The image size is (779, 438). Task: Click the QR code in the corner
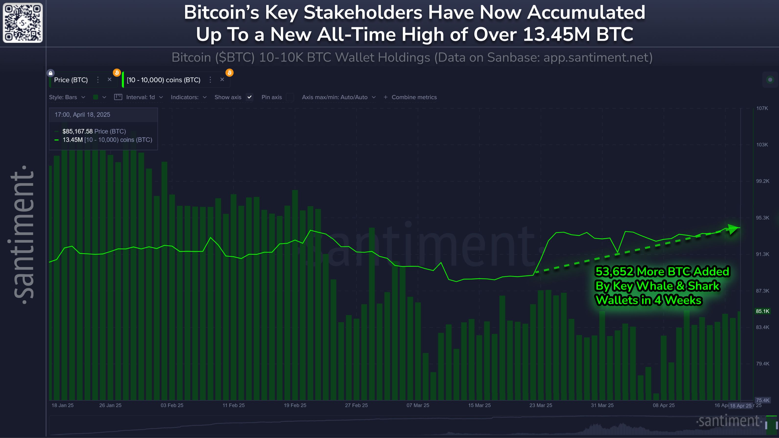coord(23,23)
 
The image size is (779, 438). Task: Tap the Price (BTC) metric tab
coord(71,80)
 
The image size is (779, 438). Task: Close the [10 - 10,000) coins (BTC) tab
coord(222,80)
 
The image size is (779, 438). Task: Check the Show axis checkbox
coord(250,97)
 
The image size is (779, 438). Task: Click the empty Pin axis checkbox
coord(290,97)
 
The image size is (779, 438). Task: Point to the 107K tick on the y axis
coord(762,108)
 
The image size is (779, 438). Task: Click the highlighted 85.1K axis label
coord(762,311)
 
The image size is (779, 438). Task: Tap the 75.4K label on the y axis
coord(762,400)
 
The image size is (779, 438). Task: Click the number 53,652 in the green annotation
coord(614,272)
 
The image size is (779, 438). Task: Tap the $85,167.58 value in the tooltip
coord(77,131)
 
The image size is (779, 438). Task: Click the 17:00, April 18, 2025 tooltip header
coord(82,115)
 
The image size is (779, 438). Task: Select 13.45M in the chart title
coord(556,34)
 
